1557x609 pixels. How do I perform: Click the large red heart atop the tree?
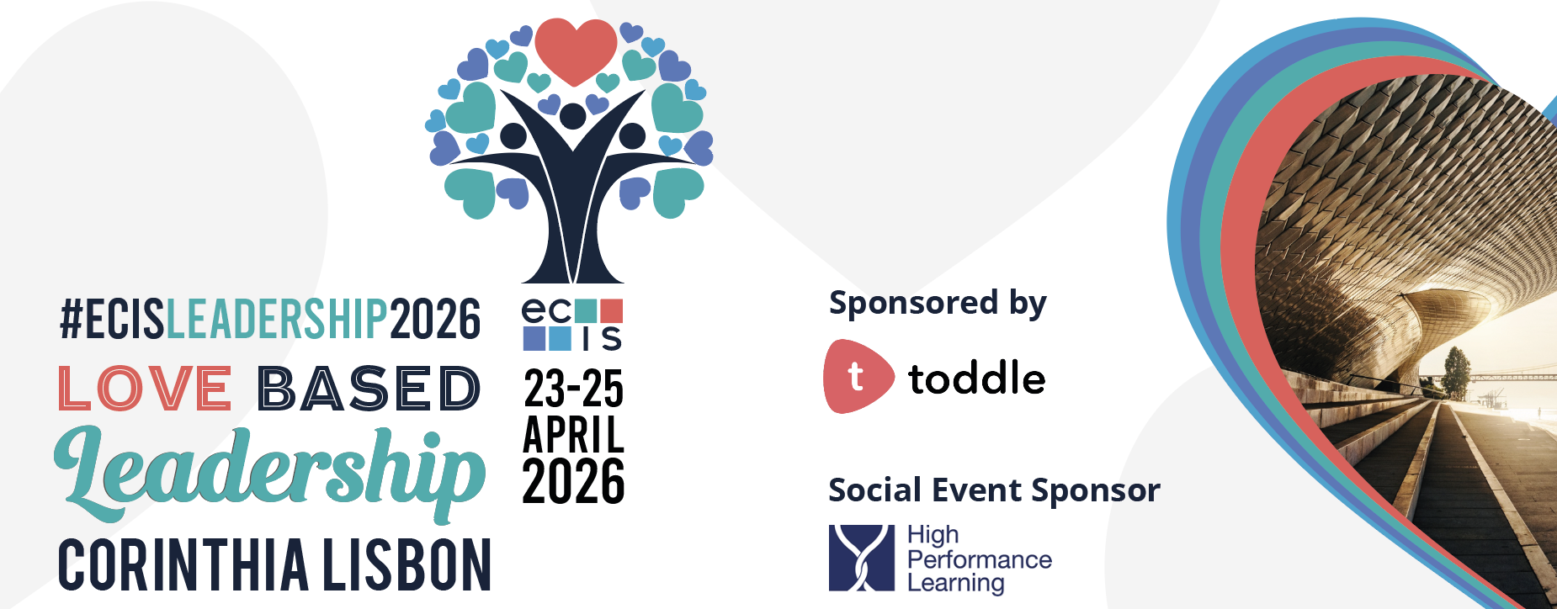(x=576, y=49)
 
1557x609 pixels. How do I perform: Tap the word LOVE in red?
(x=145, y=389)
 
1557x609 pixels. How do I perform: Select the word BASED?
(x=369, y=389)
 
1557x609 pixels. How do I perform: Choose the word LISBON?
(x=407, y=564)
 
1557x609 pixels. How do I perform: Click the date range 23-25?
(x=574, y=389)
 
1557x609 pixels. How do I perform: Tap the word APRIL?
(x=574, y=434)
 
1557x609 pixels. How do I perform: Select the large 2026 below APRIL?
(x=574, y=481)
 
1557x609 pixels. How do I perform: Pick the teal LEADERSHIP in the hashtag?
(x=277, y=319)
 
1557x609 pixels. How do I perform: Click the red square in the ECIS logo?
(x=611, y=311)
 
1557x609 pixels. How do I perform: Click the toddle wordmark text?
(x=977, y=378)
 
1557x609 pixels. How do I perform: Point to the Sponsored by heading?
(x=938, y=304)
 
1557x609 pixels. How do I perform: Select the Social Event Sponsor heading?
(x=994, y=490)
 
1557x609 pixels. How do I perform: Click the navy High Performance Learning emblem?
(x=862, y=558)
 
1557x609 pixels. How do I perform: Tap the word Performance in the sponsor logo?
(x=980, y=559)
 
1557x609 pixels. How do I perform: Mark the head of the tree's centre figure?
(x=573, y=116)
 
